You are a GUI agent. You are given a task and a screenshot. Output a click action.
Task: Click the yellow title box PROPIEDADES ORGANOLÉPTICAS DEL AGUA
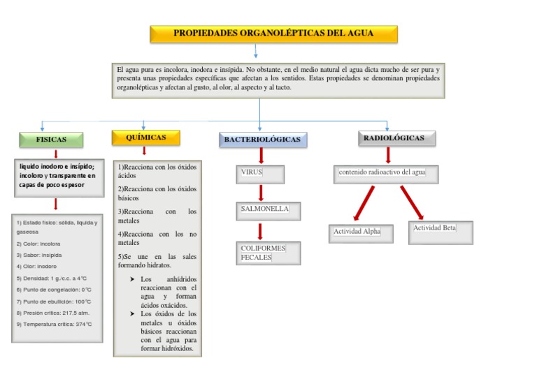click(273, 34)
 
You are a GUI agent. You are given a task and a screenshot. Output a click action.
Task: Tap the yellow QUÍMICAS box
click(145, 138)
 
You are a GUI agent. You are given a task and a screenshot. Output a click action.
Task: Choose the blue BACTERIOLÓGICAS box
click(262, 140)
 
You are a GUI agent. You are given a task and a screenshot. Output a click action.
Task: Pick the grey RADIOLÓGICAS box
click(393, 138)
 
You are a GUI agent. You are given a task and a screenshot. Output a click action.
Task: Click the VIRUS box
click(260, 174)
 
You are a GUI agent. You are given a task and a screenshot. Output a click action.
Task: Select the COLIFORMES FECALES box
click(268, 253)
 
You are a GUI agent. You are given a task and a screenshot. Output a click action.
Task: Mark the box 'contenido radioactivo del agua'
click(386, 173)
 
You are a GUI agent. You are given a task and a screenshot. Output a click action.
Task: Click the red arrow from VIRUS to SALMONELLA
click(261, 193)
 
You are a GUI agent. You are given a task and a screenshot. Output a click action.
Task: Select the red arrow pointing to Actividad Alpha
click(364, 203)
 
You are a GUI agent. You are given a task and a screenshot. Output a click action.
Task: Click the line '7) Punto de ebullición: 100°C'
click(55, 302)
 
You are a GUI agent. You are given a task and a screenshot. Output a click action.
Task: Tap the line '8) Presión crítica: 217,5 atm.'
click(53, 313)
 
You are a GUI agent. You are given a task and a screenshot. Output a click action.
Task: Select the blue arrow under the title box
click(256, 51)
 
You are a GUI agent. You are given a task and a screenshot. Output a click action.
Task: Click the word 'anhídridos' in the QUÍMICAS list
click(182, 279)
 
